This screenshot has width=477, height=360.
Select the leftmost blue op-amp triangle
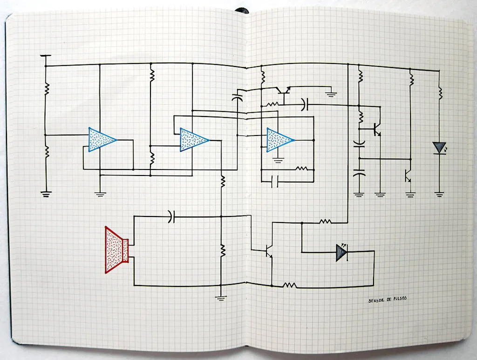(101, 139)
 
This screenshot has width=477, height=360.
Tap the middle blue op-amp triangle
(193, 140)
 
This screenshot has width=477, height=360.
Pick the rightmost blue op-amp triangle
(279, 140)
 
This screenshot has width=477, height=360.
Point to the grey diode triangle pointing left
(342, 252)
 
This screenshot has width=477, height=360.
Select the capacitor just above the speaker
(172, 216)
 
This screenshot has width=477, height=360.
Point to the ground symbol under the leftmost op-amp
(100, 193)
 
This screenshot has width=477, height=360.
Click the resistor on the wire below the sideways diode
(290, 285)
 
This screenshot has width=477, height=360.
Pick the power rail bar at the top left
(45, 56)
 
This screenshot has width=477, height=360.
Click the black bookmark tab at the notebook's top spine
(242, 9)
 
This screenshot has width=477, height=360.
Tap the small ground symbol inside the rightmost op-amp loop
(279, 161)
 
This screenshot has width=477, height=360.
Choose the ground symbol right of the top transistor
(331, 94)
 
